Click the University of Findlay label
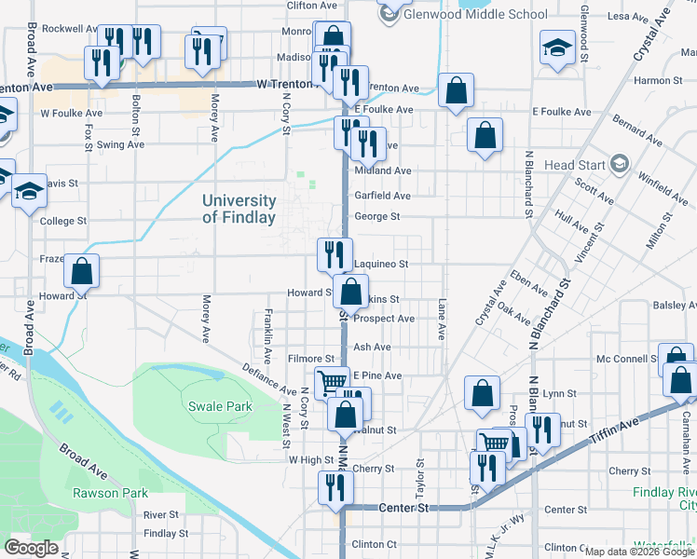[x=239, y=209]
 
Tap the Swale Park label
[x=220, y=407]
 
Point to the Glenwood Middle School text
[x=477, y=14]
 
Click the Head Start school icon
[x=619, y=165]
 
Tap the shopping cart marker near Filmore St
[x=332, y=382]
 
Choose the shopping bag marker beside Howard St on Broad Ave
[x=82, y=272]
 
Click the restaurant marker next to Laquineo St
[x=334, y=253]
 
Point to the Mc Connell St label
[x=626, y=359]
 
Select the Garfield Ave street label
[x=382, y=196]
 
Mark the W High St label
[x=310, y=460]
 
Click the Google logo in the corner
[x=31, y=548]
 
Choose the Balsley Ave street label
[x=675, y=305]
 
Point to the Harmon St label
[x=652, y=81]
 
